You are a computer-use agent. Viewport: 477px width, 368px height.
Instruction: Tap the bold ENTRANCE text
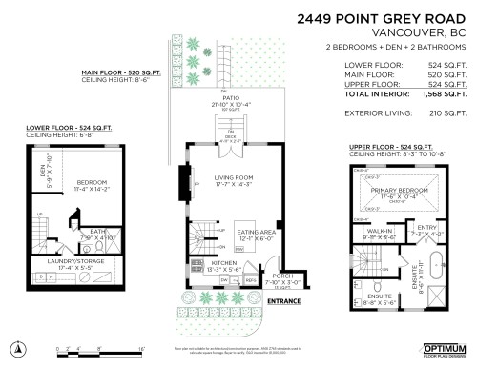pos(283,301)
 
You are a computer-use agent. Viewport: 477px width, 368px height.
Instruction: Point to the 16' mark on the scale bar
pos(140,350)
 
